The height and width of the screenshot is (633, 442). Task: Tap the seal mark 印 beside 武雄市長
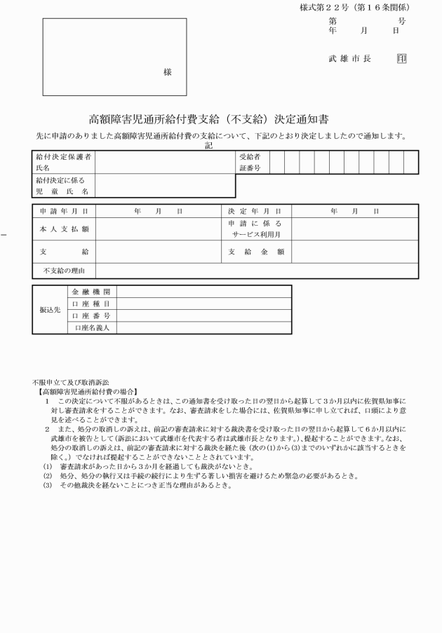(x=401, y=59)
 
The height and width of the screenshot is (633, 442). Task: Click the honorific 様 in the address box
(x=168, y=72)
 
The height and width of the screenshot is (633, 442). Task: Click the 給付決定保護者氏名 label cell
(x=64, y=163)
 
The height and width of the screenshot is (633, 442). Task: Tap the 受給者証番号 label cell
(x=252, y=163)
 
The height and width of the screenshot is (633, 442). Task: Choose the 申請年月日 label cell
(x=64, y=210)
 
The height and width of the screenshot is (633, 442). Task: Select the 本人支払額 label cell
(x=64, y=229)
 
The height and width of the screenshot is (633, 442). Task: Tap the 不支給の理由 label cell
(x=64, y=271)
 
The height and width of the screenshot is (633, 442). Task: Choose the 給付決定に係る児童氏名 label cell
(x=64, y=186)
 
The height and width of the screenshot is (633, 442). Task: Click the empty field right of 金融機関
(x=203, y=292)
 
